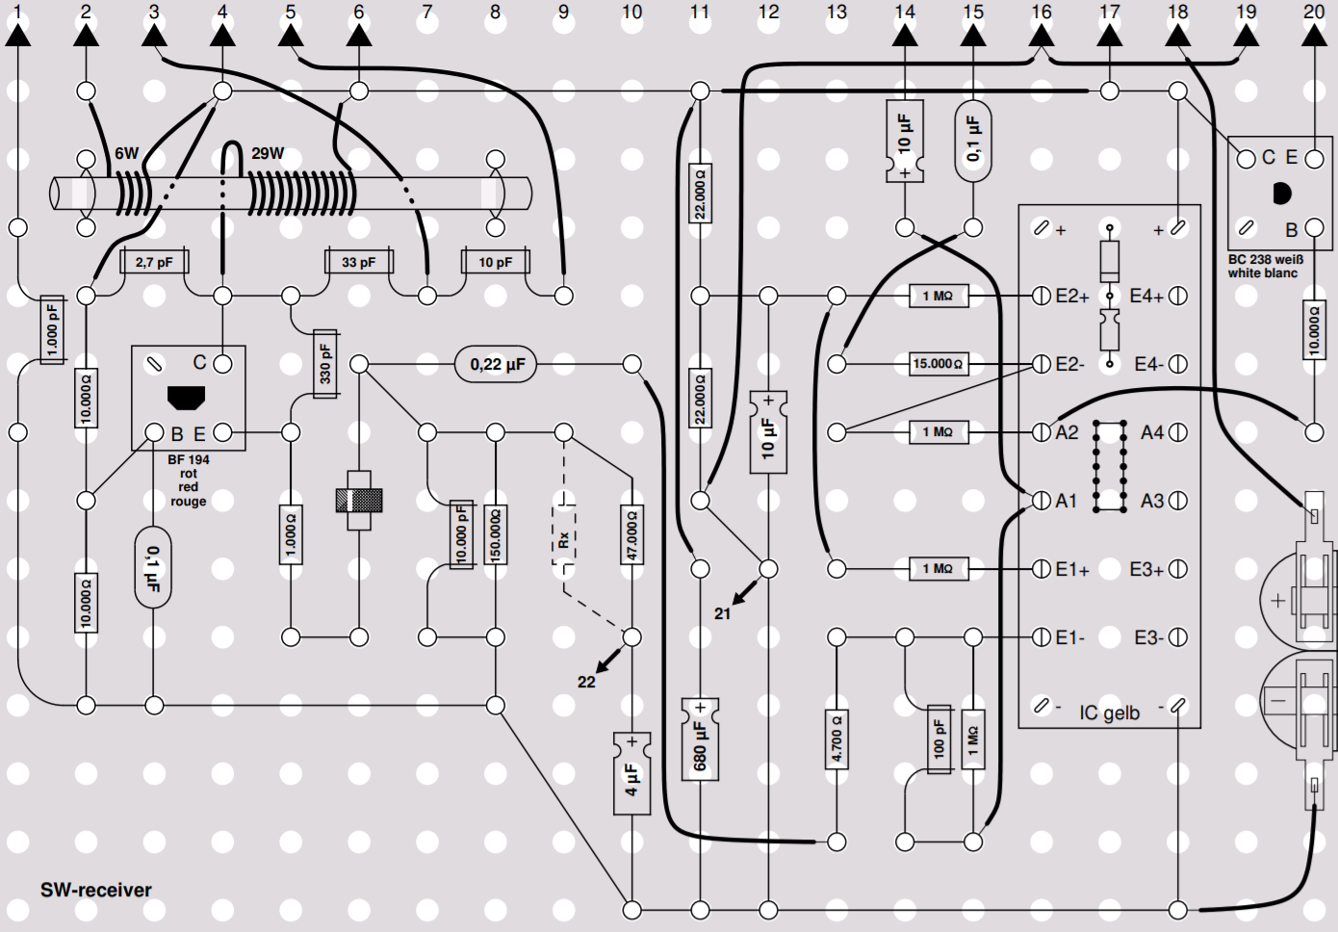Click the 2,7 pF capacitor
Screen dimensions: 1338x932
point(154,262)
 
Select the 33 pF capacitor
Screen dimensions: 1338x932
point(359,262)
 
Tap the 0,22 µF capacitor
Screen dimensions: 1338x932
point(496,364)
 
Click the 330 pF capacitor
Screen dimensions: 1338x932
point(325,363)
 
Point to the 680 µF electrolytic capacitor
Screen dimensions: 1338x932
point(700,739)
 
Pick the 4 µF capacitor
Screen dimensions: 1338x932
point(632,774)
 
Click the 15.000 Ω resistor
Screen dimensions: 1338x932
point(939,364)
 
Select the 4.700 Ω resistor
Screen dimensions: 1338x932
point(836,739)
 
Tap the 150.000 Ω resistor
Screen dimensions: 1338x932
point(495,534)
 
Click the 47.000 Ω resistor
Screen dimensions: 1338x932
point(632,534)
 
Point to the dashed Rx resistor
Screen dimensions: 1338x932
point(564,534)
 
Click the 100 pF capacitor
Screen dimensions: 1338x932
point(939,739)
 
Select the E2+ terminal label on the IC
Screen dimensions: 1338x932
point(1072,297)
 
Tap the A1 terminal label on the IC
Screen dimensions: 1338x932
point(1067,501)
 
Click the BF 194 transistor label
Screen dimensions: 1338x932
point(189,459)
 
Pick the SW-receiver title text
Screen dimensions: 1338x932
point(95,891)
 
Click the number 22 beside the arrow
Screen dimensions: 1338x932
point(586,683)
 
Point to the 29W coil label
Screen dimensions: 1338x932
point(268,153)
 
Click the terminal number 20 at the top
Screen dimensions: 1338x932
point(1314,12)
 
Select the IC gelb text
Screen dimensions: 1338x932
point(1109,713)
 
